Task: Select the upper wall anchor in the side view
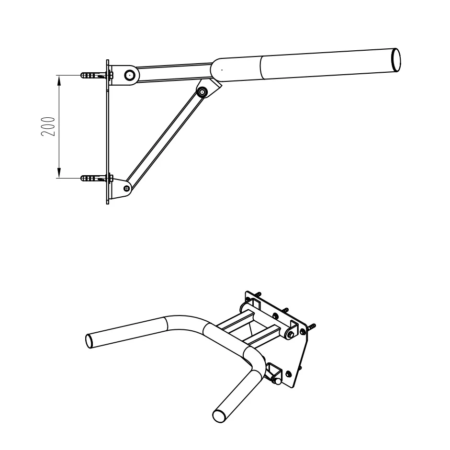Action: point(94,76)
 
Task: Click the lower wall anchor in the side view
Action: point(94,179)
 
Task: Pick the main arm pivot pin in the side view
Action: point(129,75)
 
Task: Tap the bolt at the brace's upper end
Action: point(203,91)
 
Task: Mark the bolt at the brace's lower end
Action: point(126,188)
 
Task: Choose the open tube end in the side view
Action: point(396,59)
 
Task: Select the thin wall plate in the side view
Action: point(108,132)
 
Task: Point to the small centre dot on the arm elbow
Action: point(222,69)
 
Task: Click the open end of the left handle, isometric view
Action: point(90,341)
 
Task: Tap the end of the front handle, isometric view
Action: point(219,415)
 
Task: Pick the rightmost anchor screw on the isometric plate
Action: point(313,327)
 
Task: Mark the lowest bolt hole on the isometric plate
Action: point(288,373)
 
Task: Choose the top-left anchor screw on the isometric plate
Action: point(259,294)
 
